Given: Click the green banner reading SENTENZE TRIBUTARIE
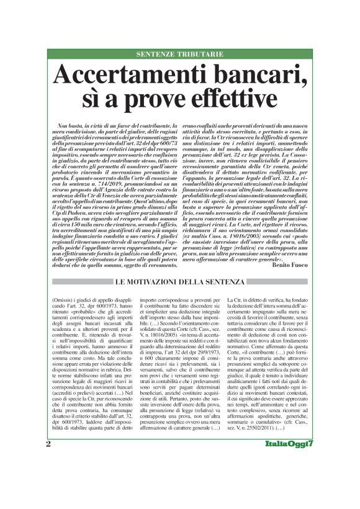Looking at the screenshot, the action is click(180, 55).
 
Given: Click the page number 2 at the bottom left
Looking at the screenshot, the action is click(48, 495).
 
